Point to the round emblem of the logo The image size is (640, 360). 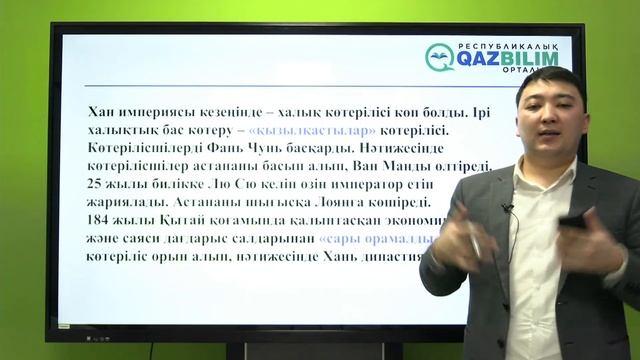[x=439, y=57]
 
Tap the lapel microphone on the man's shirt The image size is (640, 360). [x=508, y=208]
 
